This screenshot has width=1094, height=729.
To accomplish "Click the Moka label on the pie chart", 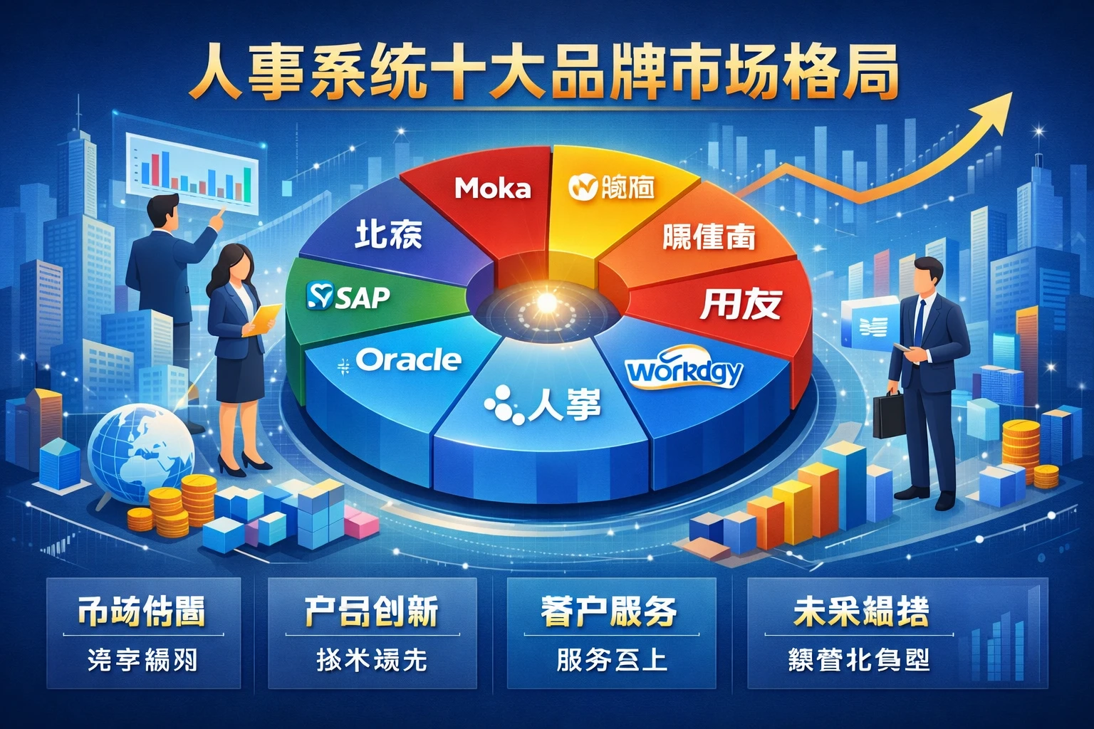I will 493,188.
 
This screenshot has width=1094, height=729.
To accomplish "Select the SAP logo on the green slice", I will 348,296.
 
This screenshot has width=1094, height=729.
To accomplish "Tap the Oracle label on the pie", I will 407,360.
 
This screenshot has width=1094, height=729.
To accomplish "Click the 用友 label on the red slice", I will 741,304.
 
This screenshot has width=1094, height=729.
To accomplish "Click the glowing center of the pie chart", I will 547,302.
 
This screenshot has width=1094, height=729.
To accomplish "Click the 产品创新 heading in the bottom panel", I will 371,612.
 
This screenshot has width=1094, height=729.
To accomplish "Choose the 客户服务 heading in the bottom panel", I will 609,612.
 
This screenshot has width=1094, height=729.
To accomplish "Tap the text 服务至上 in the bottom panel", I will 611,660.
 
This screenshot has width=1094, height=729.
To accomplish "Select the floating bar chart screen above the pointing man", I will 192,173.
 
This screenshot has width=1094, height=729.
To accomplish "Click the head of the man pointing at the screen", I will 165,211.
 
